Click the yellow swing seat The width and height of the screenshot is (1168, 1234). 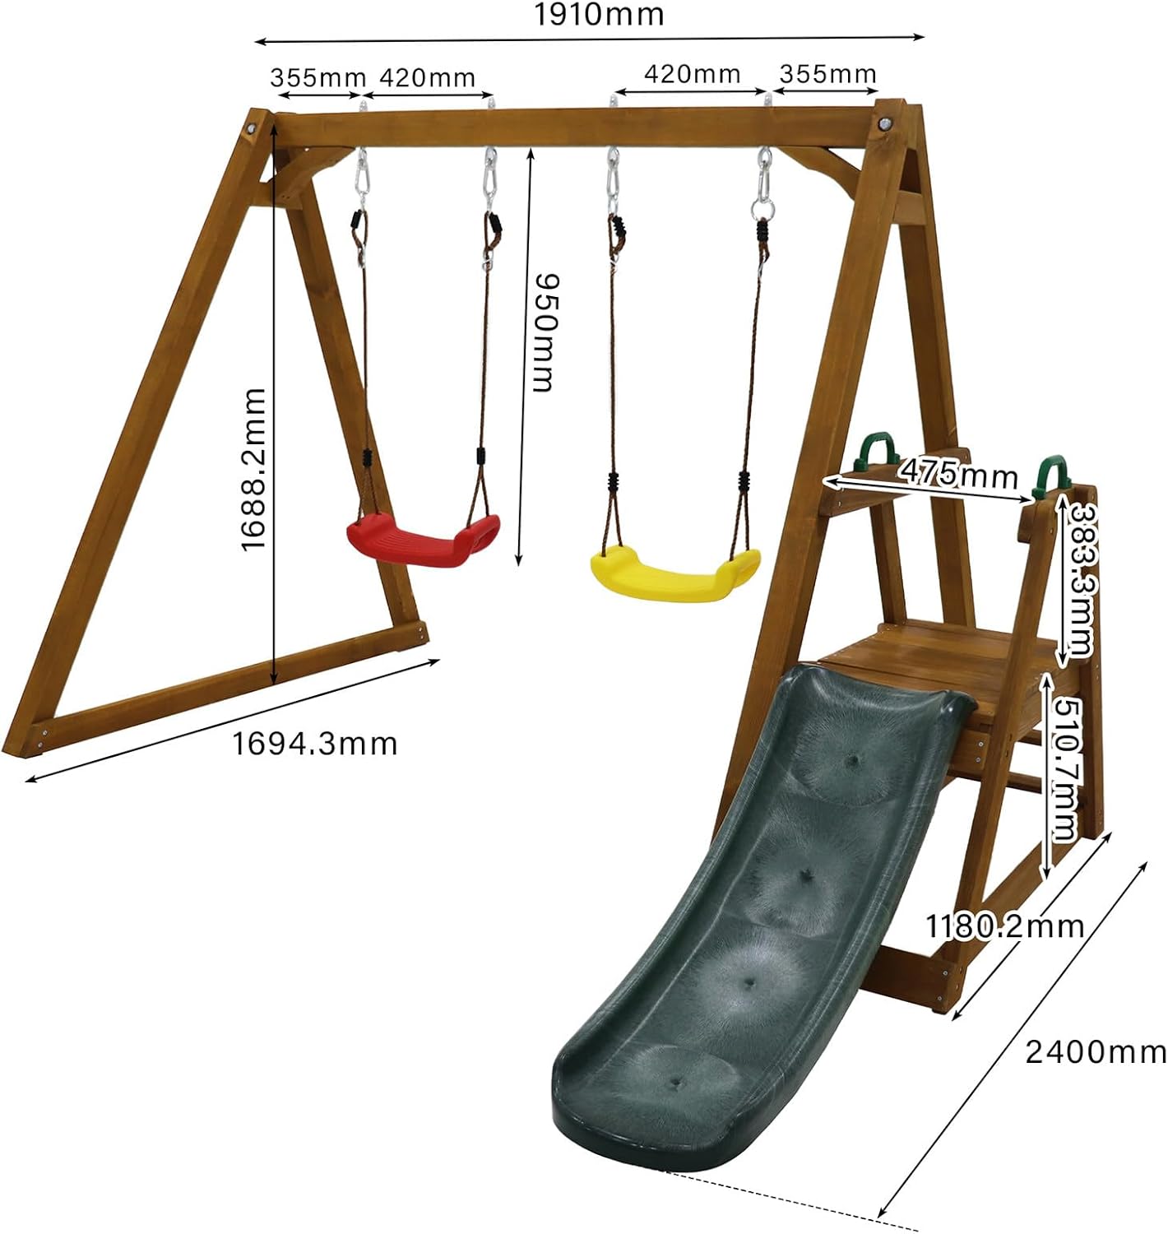tap(674, 576)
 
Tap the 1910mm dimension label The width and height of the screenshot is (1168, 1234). tap(598, 14)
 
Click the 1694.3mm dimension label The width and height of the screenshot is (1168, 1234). tap(314, 744)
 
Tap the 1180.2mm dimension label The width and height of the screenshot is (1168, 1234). tap(1004, 926)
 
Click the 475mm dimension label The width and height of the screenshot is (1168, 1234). tap(957, 474)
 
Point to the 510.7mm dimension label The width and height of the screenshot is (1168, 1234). tap(1066, 769)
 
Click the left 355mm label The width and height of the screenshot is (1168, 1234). tap(317, 78)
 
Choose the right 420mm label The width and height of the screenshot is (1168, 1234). tap(692, 74)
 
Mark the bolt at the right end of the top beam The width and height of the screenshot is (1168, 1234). tap(885, 123)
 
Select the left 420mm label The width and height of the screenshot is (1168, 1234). tap(427, 78)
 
